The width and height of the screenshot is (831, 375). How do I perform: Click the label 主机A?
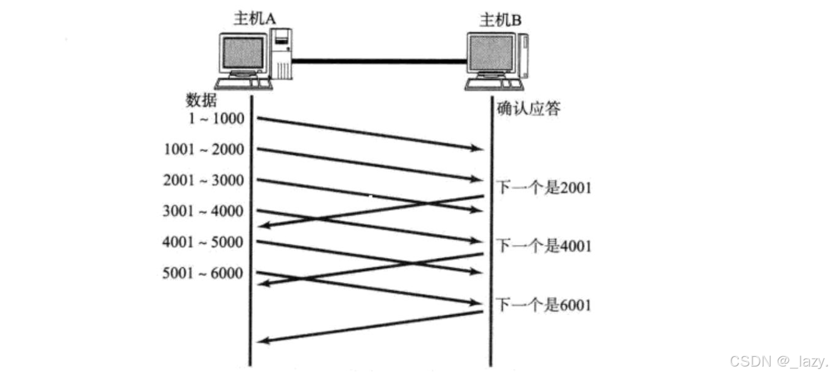pos(255,19)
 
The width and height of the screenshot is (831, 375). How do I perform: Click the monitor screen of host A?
pos(243,53)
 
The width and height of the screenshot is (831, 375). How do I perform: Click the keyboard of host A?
pos(243,84)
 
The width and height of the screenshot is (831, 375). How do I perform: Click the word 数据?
pos(202,100)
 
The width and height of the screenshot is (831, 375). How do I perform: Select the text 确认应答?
pos(528,109)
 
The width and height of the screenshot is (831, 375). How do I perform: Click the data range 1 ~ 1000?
pos(215,118)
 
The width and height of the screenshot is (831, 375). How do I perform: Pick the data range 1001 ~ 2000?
pos(204,149)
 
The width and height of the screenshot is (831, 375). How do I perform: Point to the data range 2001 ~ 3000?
pos(203,180)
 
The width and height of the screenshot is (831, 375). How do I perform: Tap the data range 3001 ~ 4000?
pos(203,211)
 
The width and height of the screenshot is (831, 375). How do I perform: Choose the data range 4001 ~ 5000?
pos(203,242)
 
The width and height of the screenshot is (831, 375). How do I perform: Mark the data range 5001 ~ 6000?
pos(203,274)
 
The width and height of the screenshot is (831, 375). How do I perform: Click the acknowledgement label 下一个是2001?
pos(543,188)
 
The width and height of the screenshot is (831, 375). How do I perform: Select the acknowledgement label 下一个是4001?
pos(543,246)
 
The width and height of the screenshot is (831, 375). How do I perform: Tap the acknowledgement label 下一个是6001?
pos(543,305)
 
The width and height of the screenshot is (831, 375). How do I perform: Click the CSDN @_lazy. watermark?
pos(778,361)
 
